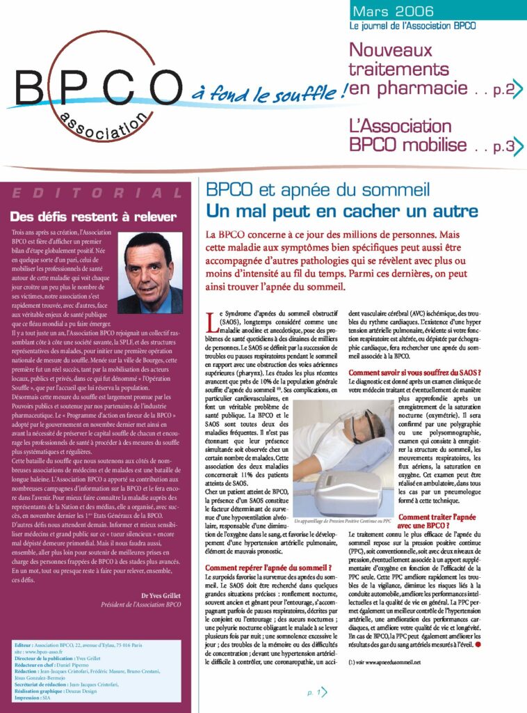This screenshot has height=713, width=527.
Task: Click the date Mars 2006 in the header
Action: point(393,10)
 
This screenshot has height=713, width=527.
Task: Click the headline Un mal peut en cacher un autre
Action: point(342,210)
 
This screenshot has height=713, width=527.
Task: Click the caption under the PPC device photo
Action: point(343,520)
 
